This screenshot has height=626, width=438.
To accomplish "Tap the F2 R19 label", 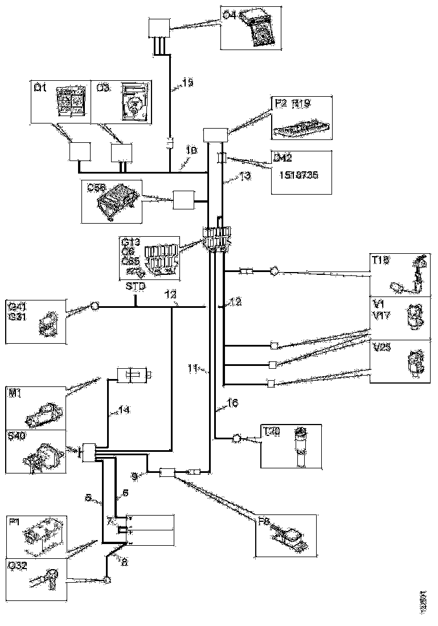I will (x=297, y=104).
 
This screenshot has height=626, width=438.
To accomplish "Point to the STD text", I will (x=134, y=286).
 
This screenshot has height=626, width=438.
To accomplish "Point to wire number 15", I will (x=187, y=83).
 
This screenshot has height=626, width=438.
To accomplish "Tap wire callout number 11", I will (x=193, y=369).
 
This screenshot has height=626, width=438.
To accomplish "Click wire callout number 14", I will (x=124, y=409).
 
